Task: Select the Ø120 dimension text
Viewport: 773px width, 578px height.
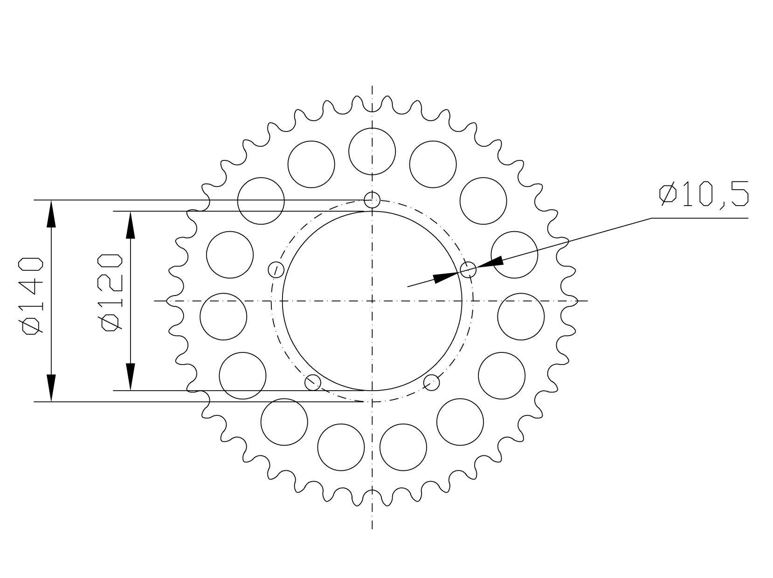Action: [111, 292]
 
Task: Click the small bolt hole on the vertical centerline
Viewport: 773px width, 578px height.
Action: [372, 200]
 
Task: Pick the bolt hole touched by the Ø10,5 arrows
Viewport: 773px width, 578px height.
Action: [468, 270]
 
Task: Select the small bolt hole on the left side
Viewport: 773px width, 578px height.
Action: [276, 270]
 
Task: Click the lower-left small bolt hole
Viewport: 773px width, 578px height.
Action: [313, 382]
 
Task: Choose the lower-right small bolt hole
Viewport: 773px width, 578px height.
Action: [431, 382]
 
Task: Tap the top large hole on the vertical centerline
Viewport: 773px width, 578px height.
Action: [372, 151]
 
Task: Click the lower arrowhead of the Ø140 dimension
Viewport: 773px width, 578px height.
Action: [51, 387]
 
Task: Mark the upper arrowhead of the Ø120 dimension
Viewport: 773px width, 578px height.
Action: [130, 225]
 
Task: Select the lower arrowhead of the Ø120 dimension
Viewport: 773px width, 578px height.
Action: [130, 376]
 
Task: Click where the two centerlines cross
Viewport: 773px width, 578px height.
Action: [372, 301]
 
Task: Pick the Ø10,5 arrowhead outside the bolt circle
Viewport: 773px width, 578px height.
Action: [490, 262]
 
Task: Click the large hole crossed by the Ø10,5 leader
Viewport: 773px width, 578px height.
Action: [514, 255]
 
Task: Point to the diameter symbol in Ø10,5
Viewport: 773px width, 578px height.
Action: [668, 193]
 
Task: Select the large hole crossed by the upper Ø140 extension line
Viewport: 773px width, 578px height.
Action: [261, 200]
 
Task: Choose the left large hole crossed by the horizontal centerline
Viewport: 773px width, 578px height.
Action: [223, 317]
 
